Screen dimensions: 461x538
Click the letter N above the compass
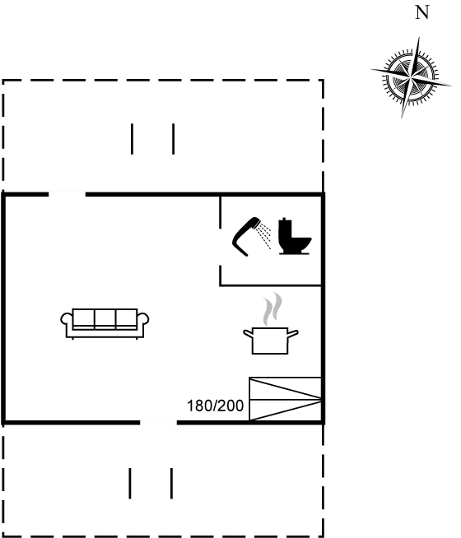pos(422,13)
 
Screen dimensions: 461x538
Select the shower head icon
pos(246,236)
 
